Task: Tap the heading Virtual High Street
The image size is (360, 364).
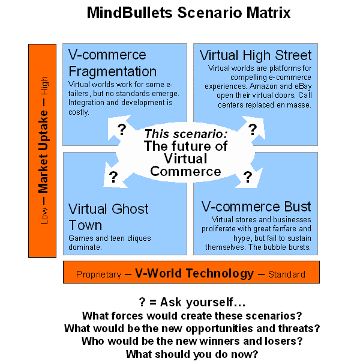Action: coord(256,56)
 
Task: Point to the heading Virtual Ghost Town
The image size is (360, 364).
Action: coord(109,217)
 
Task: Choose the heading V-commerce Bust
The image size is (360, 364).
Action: coord(256,207)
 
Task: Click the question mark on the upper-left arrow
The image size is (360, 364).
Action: coord(122,129)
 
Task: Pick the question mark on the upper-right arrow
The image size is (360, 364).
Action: coord(253,129)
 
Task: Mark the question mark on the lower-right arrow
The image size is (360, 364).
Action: coord(247,177)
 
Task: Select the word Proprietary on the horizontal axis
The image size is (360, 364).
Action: coord(97,275)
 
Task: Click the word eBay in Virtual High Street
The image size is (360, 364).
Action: coord(284,86)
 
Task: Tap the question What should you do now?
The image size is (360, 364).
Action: coord(191,354)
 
